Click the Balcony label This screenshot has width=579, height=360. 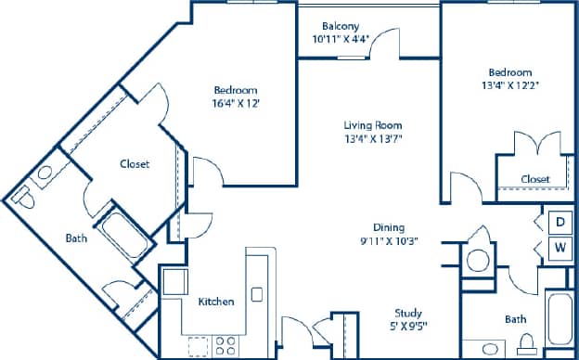(x=341, y=25)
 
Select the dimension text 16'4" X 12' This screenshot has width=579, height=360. (x=236, y=103)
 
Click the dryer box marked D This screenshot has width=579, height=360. (x=561, y=222)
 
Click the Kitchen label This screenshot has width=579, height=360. (x=215, y=302)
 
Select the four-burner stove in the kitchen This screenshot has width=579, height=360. (x=225, y=345)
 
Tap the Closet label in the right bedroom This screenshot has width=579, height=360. (x=534, y=179)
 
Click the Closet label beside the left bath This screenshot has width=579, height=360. (x=135, y=163)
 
